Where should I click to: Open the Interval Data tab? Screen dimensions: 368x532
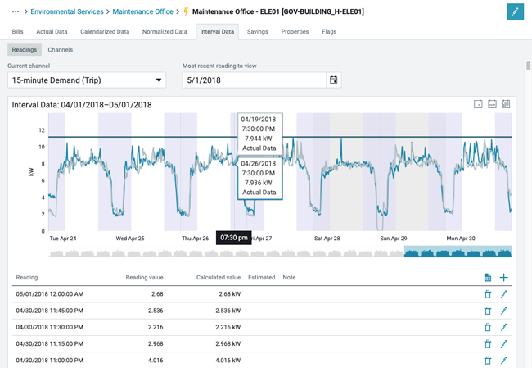(x=217, y=32)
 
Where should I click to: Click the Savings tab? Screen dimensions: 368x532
(x=257, y=32)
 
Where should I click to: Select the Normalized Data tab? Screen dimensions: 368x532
(x=165, y=32)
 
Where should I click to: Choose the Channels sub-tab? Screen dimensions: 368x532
(x=60, y=50)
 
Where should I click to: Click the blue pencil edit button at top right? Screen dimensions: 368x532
(x=515, y=11)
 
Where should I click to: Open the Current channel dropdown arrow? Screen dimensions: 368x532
(x=158, y=80)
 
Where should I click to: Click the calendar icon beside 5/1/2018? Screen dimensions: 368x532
(x=333, y=80)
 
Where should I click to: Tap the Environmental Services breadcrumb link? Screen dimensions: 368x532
(x=69, y=12)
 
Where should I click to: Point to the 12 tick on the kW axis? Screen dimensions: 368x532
(x=41, y=130)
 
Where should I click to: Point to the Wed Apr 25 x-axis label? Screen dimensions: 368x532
(x=130, y=239)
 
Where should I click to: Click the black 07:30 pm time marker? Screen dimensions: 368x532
(x=233, y=238)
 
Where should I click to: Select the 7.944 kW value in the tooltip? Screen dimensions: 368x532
(x=259, y=139)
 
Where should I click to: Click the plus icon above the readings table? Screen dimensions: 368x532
(x=504, y=278)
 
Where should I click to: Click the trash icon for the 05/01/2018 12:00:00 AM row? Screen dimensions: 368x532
(x=488, y=294)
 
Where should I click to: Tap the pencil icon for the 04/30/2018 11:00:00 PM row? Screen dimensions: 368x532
(x=504, y=360)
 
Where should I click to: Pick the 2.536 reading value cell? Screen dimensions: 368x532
(x=151, y=311)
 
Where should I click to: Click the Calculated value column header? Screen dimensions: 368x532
(x=219, y=278)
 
